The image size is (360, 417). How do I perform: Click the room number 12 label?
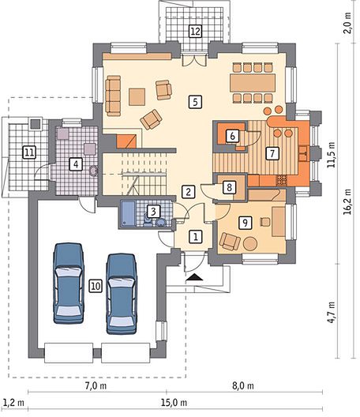[x=195, y=31]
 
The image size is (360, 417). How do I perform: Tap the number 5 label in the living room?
[x=195, y=102]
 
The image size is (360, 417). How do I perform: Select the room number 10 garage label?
[x=96, y=286]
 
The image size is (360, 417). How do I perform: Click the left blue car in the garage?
[x=69, y=283]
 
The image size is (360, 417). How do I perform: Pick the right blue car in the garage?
[x=122, y=294]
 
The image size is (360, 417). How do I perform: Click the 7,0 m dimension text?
[x=96, y=385]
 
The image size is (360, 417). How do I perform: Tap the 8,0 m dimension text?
[x=243, y=385]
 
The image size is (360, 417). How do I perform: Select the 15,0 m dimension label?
[x=174, y=403]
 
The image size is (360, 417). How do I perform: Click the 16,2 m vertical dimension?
[x=347, y=201]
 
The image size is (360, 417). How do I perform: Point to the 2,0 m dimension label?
[x=347, y=23]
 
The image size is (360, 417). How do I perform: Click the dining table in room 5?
[x=253, y=83]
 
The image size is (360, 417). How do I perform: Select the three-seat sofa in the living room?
[x=113, y=96]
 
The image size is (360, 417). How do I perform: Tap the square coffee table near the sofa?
[x=137, y=97]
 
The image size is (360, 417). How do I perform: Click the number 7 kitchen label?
[x=272, y=153]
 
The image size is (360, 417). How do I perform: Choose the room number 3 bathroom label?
[x=153, y=212]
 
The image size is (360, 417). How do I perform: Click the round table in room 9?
[x=250, y=243]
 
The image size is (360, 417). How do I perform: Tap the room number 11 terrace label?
[x=29, y=152]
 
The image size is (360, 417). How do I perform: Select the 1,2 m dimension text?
[x=14, y=403]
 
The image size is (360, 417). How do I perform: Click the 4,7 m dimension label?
[x=332, y=312]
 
